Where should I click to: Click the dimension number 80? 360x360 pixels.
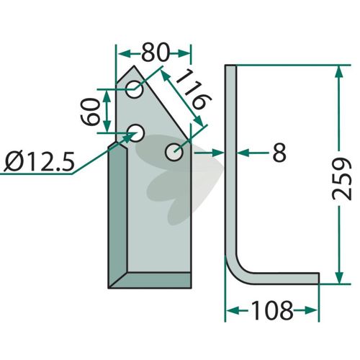tap(156, 53)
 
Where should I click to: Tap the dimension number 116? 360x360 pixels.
tap(194, 90)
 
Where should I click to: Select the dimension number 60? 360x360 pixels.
tap(90, 112)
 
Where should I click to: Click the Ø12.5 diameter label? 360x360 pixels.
tap(39, 161)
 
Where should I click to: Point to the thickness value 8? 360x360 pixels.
tap(279, 153)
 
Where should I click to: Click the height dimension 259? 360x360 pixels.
tap(341, 179)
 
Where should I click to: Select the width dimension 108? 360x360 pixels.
tap(272, 310)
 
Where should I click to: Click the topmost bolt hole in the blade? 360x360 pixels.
tap(134, 89)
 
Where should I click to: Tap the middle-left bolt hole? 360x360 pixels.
tap(135, 132)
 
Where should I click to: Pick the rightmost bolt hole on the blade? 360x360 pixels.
tap(174, 152)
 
